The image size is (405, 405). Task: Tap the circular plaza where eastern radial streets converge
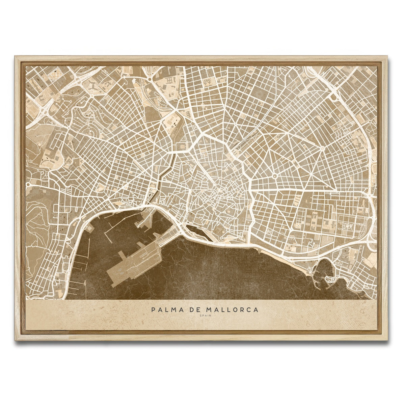274,176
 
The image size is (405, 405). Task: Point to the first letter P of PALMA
154,309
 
